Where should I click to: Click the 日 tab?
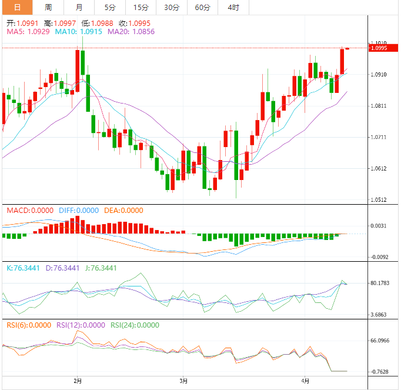pos(16,8)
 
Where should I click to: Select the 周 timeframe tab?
pos(48,8)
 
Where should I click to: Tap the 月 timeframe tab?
pos(79,8)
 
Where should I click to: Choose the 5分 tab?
pos(110,8)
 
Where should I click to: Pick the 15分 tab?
pos(141,8)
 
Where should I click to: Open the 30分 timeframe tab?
pos(172,8)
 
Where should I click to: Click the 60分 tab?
pos(202,8)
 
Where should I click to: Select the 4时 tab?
pos(233,8)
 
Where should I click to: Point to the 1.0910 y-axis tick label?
pos(379,75)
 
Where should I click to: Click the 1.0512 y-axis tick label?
pos(379,200)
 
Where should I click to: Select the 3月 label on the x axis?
pos(183,381)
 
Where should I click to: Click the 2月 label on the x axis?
pos(78,381)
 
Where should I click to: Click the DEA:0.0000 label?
pos(123,211)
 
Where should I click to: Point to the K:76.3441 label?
pos(23,268)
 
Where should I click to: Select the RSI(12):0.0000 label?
pos(81,325)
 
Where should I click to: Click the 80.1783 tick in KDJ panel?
pos(381,284)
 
